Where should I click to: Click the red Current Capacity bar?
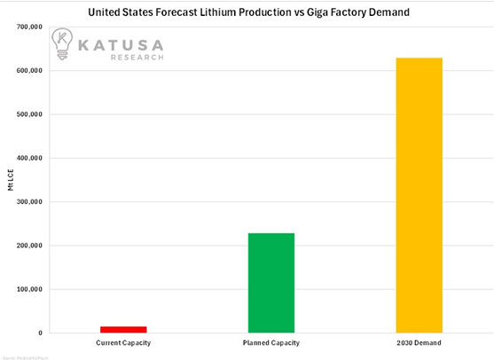[x=123, y=329]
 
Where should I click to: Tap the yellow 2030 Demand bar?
[x=419, y=195]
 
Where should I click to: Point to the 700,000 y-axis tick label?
[x=29, y=27]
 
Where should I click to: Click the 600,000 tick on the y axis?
[x=29, y=71]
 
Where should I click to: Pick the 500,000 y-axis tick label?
[x=29, y=114]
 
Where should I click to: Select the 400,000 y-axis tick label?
[x=29, y=159]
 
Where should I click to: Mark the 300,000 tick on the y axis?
[x=29, y=202]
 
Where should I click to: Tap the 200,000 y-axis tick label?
[x=29, y=246]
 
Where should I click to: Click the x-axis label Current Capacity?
[x=122, y=342]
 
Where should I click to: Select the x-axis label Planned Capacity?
[x=271, y=342]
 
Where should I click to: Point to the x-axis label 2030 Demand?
[x=419, y=342]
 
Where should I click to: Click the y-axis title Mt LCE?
[x=10, y=181]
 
